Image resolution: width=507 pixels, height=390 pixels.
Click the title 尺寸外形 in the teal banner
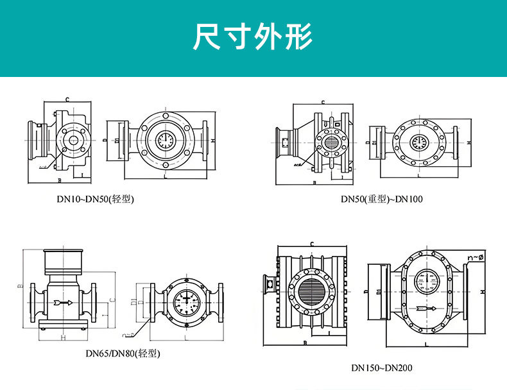[x=253, y=37]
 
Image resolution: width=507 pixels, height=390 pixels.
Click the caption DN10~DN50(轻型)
[x=95, y=199]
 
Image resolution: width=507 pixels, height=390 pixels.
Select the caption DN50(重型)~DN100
[x=382, y=199]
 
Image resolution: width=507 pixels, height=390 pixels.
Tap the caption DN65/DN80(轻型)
[x=123, y=353]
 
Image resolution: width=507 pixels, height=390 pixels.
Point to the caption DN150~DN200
[x=382, y=368]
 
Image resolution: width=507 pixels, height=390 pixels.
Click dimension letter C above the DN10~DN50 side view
[x=67, y=99]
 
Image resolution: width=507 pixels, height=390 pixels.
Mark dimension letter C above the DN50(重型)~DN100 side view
[x=323, y=101]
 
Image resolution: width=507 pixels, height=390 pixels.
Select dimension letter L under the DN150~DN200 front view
[x=426, y=345]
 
